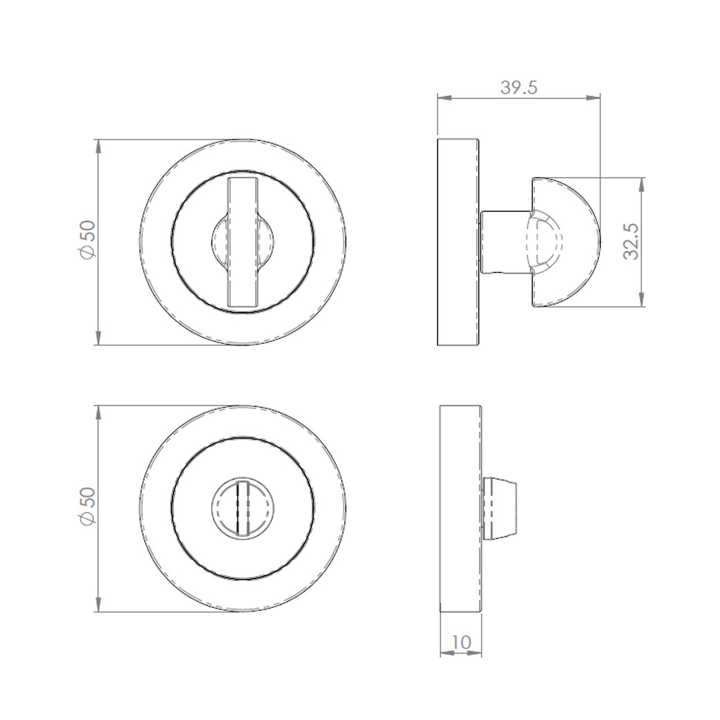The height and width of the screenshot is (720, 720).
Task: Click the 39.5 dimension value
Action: click(x=518, y=88)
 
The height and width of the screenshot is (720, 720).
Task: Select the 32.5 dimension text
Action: click(x=630, y=241)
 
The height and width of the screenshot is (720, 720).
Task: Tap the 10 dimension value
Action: click(x=461, y=642)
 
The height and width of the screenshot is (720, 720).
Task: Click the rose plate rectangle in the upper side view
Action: click(x=458, y=242)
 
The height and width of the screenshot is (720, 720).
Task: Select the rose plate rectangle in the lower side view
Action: click(x=460, y=509)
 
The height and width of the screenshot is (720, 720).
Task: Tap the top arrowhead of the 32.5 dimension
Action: click(x=643, y=183)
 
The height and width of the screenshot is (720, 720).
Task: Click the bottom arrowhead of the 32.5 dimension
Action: click(x=643, y=301)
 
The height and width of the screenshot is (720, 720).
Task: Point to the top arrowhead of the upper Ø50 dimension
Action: click(x=98, y=145)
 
